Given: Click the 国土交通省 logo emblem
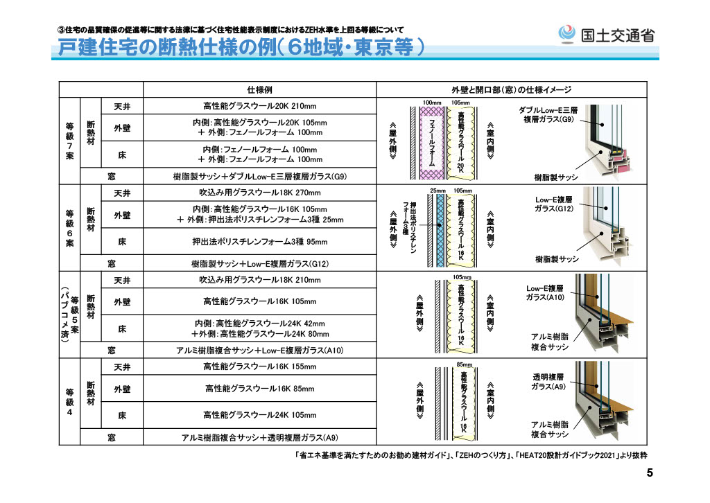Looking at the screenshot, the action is pos(566,34).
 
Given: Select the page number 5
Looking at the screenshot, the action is pos(650,473).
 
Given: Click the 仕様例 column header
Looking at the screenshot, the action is pos(260,89).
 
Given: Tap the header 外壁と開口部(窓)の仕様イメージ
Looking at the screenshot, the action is pos(511,89).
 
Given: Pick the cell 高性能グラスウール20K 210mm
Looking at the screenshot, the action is pos(260,106).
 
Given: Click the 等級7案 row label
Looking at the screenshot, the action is pos(69,141).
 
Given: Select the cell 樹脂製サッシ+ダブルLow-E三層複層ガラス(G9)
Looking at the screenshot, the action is pos(260,177).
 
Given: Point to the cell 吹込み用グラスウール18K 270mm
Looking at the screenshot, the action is pos(260,192).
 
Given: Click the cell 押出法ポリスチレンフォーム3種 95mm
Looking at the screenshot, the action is pos(260,242).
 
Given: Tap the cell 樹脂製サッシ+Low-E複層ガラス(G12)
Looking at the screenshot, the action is pos(260,263).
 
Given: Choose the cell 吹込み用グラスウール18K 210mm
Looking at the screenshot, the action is pos(260,279).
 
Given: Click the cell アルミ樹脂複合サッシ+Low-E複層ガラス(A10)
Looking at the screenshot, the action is pos(260,350).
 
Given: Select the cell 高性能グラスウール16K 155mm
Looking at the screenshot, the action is pos(260,367).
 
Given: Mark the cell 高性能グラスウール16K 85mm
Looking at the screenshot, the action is pos(260,389).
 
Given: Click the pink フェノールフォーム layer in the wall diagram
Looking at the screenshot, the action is pos(431,143).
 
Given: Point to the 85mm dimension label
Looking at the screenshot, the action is pos(464,364).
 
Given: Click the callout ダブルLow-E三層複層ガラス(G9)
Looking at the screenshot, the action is pos(548,114).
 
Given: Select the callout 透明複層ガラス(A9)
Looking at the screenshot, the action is pos(548,382).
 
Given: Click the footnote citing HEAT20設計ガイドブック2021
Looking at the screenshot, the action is pos(471,455).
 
